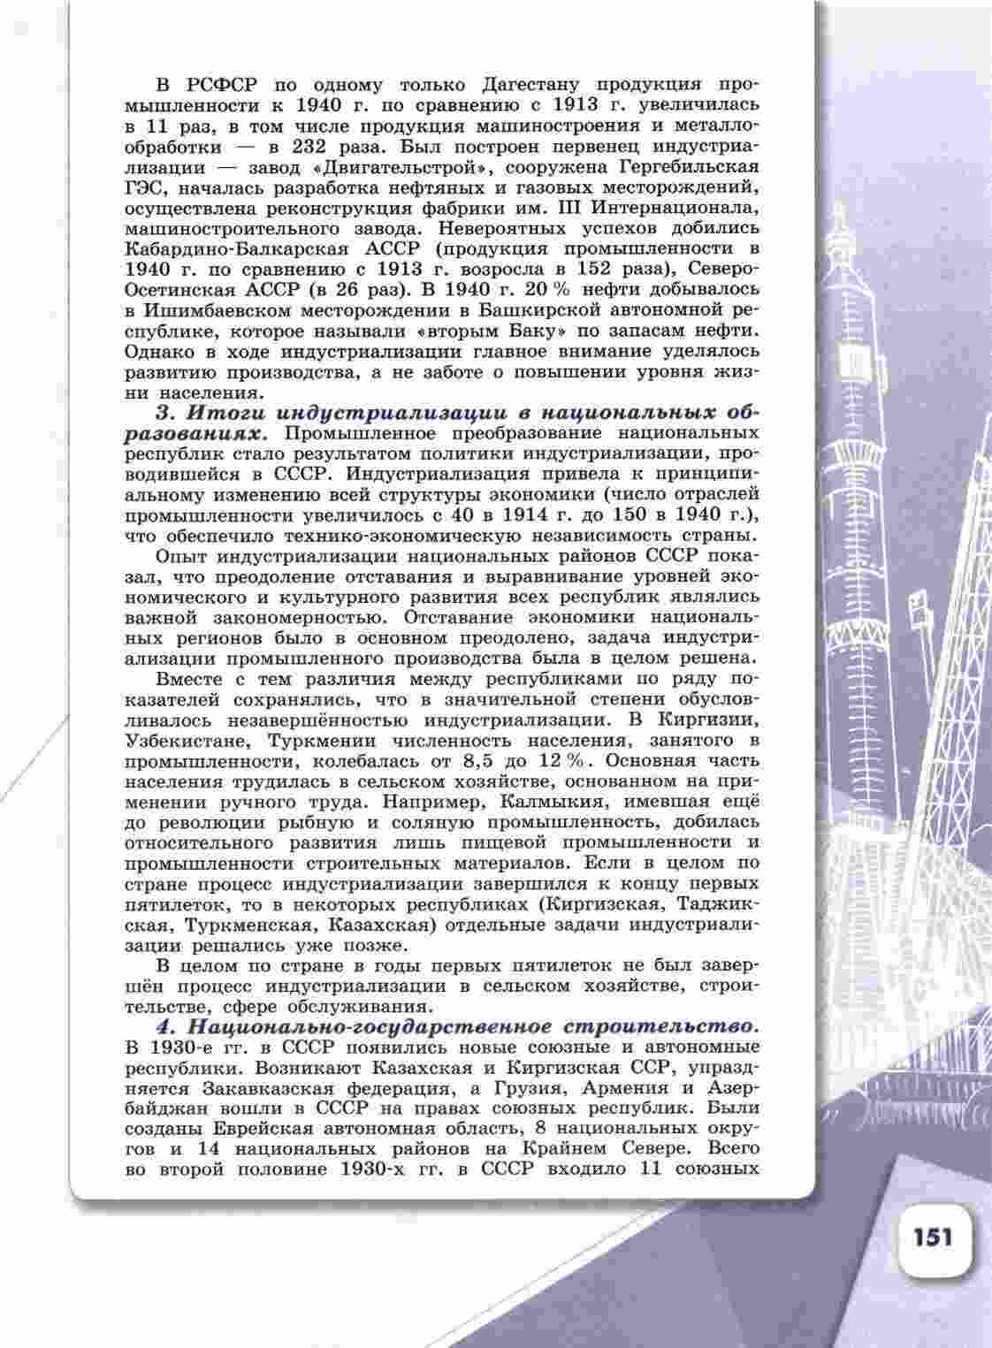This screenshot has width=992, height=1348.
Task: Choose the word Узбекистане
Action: [184, 740]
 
